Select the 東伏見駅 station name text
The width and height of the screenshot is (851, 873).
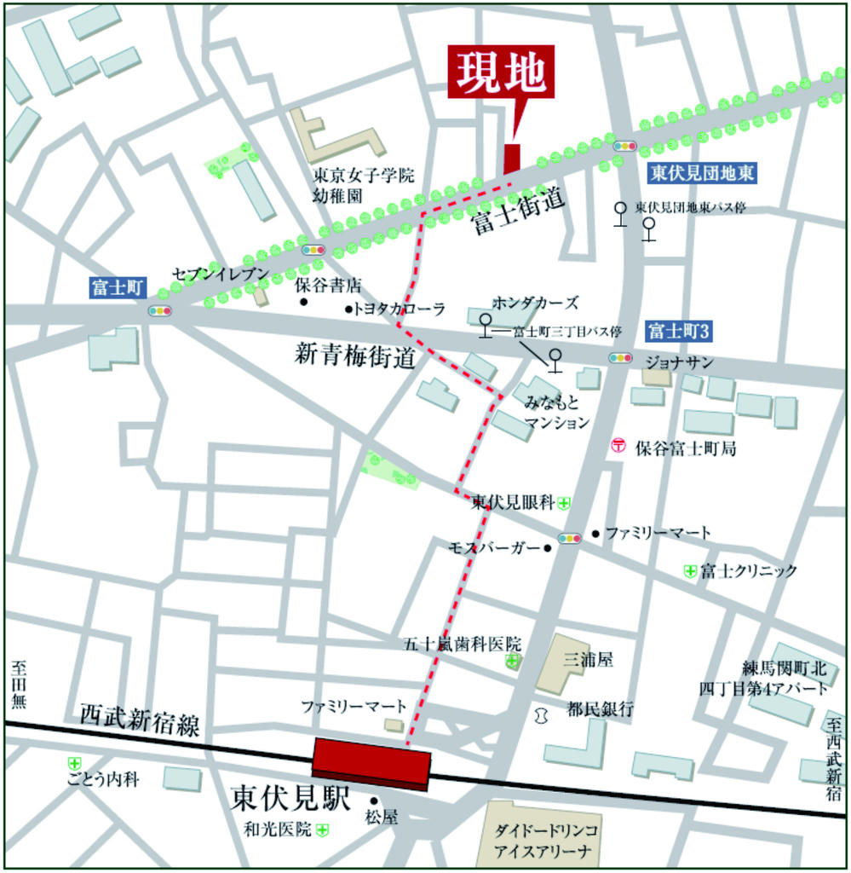coord(290,799)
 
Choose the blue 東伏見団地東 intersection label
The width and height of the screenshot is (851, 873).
coord(701,173)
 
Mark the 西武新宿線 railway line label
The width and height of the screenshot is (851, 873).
coord(140,720)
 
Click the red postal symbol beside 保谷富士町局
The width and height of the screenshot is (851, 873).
coord(618,445)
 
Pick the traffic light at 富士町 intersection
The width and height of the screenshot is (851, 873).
coord(159,311)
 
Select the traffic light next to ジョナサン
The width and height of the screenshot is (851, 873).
coord(620,358)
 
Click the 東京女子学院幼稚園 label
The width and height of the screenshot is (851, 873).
coord(363,185)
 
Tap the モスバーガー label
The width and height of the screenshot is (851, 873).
coord(494,547)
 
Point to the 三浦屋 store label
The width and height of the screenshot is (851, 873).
coord(588,659)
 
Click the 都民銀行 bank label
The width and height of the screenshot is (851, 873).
coord(601,708)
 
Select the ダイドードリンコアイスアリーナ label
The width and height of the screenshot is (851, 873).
coord(548,841)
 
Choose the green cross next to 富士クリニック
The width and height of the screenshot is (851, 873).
coord(690,570)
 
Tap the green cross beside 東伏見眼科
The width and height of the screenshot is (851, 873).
coord(564,504)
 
